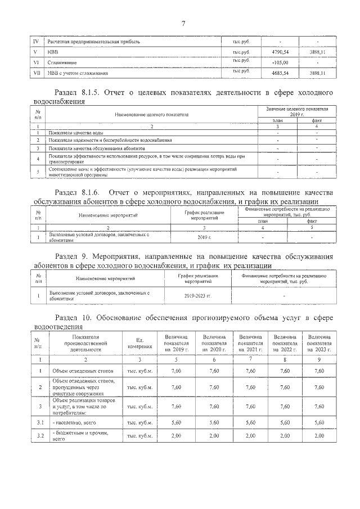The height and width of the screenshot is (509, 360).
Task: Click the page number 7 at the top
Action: pos(183,23)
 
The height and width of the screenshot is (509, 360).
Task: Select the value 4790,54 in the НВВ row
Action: pos(280,52)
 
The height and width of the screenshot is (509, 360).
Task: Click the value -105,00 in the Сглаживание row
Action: pos(280,62)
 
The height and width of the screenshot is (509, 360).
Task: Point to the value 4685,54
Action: pos(280,73)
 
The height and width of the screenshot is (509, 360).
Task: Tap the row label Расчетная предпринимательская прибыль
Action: pos(92,42)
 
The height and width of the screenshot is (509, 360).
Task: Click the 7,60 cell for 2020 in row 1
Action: pos(214,371)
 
